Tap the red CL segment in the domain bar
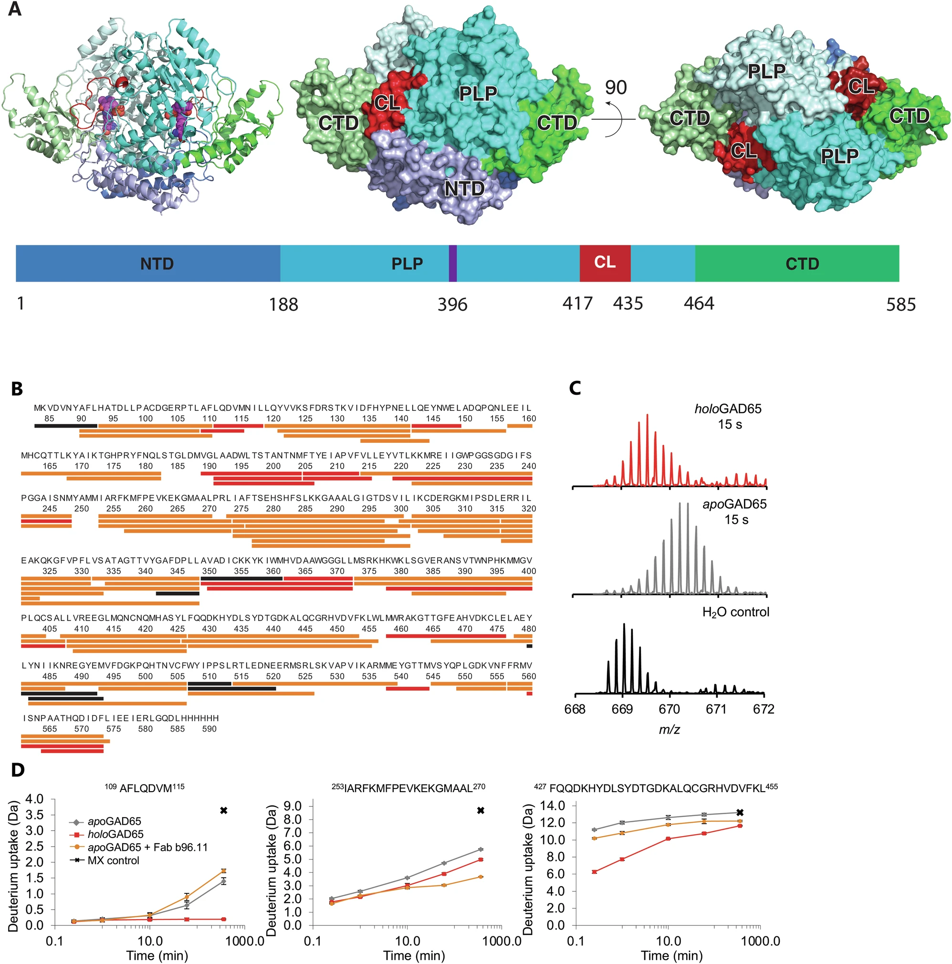[605, 262]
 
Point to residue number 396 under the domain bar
[452, 304]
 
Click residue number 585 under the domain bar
[900, 304]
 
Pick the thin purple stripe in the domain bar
[452, 263]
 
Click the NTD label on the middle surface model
[464, 189]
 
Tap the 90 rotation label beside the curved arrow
[616, 87]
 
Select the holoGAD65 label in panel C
[728, 409]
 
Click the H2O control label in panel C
[735, 612]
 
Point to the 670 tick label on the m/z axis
[669, 710]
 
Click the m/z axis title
[669, 730]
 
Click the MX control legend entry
[113, 860]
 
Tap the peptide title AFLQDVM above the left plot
[144, 787]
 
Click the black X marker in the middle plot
[481, 810]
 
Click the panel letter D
[18, 770]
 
